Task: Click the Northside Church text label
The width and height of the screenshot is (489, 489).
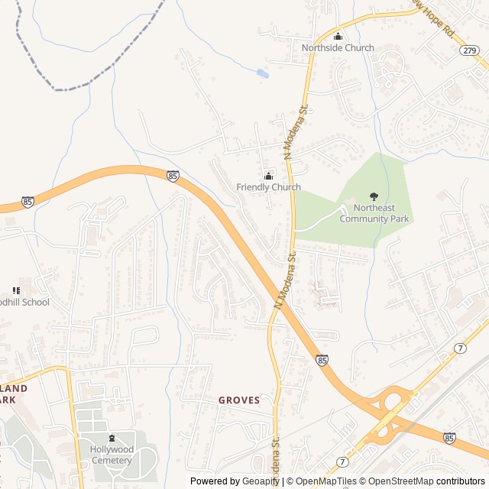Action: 338,48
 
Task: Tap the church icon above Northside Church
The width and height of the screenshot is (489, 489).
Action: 338,35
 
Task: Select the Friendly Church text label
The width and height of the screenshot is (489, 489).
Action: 268,187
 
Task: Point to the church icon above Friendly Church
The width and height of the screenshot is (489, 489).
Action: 268,176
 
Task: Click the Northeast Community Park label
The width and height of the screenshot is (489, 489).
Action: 374,214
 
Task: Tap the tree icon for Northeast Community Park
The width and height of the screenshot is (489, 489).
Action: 374,197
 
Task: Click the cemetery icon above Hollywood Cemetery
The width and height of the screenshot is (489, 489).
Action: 112,439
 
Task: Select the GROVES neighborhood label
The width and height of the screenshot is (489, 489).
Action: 239,400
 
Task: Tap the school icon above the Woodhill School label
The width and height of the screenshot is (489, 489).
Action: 16,290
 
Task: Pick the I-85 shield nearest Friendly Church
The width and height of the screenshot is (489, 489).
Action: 173,176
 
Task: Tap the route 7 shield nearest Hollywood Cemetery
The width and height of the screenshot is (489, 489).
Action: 341,462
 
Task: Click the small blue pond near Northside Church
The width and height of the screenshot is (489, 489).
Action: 263,74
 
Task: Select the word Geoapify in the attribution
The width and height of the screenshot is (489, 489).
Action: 261,481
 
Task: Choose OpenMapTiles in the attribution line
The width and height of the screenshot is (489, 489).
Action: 327,481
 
